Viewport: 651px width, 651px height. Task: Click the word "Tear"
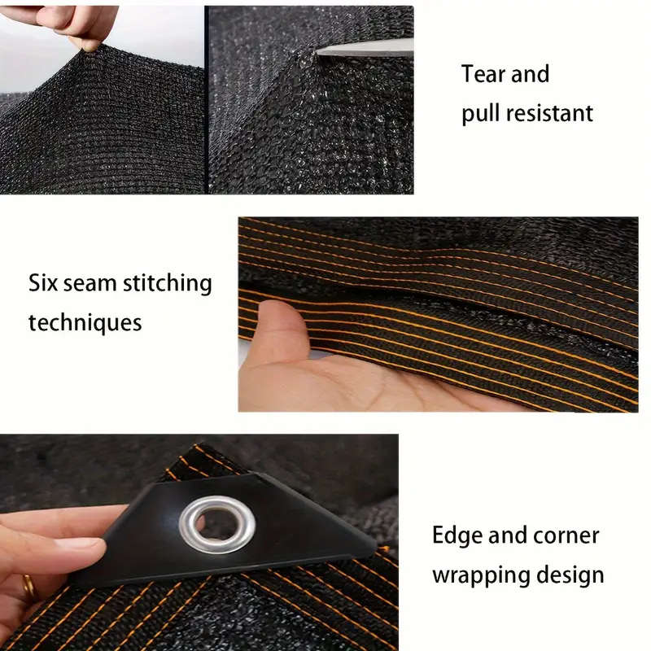[485, 74]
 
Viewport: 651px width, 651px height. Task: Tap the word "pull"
[480, 114]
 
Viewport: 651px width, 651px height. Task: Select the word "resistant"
[549, 113]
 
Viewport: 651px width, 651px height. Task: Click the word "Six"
[46, 284]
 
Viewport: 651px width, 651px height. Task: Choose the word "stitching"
[167, 285]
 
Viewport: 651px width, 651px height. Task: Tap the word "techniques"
[85, 322]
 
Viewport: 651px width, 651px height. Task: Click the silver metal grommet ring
[216, 526]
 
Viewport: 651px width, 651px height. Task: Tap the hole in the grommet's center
[216, 522]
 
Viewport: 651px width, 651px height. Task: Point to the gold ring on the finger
[28, 586]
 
